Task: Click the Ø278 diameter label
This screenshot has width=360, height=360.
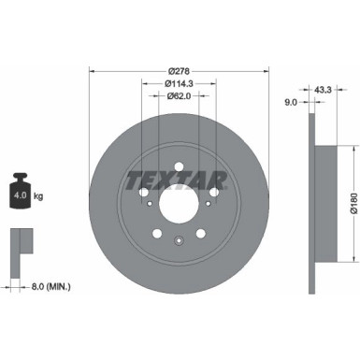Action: point(180,71)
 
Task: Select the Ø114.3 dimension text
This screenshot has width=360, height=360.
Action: point(180,83)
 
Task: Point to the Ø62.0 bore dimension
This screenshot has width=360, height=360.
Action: point(180,95)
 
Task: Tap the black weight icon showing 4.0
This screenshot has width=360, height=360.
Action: point(22,194)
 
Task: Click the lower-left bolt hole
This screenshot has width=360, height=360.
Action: point(157,234)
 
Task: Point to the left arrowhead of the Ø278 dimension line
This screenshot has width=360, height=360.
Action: point(93,72)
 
